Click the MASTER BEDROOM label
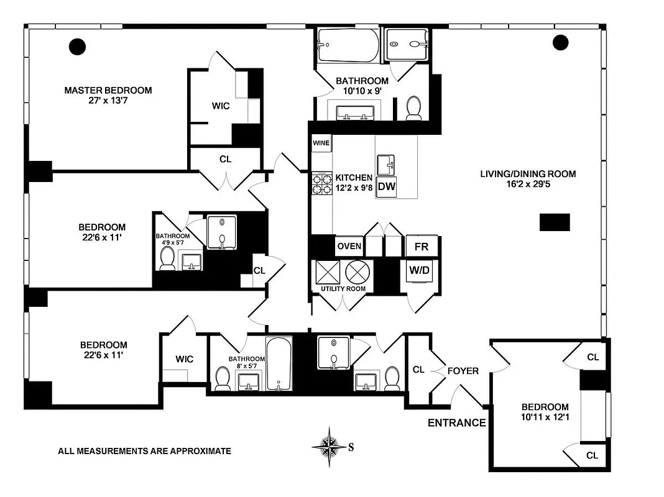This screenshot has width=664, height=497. coord(108,90)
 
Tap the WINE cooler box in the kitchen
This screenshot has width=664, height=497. coord(321,143)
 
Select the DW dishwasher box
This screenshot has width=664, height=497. coord(387,186)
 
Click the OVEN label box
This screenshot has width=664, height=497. coord(349,246)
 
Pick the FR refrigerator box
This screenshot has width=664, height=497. coord(422,247)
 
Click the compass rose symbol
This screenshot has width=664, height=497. coord(328,446)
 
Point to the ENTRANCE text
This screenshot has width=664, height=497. coord(456,423)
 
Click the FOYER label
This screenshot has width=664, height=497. coord(463,371)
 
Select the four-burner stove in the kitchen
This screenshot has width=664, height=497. coord(321,183)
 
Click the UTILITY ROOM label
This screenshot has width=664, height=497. coord(343,289)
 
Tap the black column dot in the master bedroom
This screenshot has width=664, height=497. coord(77,45)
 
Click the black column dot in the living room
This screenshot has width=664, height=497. coord(560,42)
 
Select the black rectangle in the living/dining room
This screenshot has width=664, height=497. coord(554,222)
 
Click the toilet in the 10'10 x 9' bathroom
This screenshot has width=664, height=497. coord(414,108)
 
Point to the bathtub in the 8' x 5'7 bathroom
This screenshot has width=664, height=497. coord(279,363)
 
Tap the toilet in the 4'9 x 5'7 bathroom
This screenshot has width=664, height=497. coord(167,258)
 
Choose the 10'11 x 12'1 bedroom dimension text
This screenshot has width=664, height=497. coord(545,417)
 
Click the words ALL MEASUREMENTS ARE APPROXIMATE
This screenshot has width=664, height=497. coord(144,451)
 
